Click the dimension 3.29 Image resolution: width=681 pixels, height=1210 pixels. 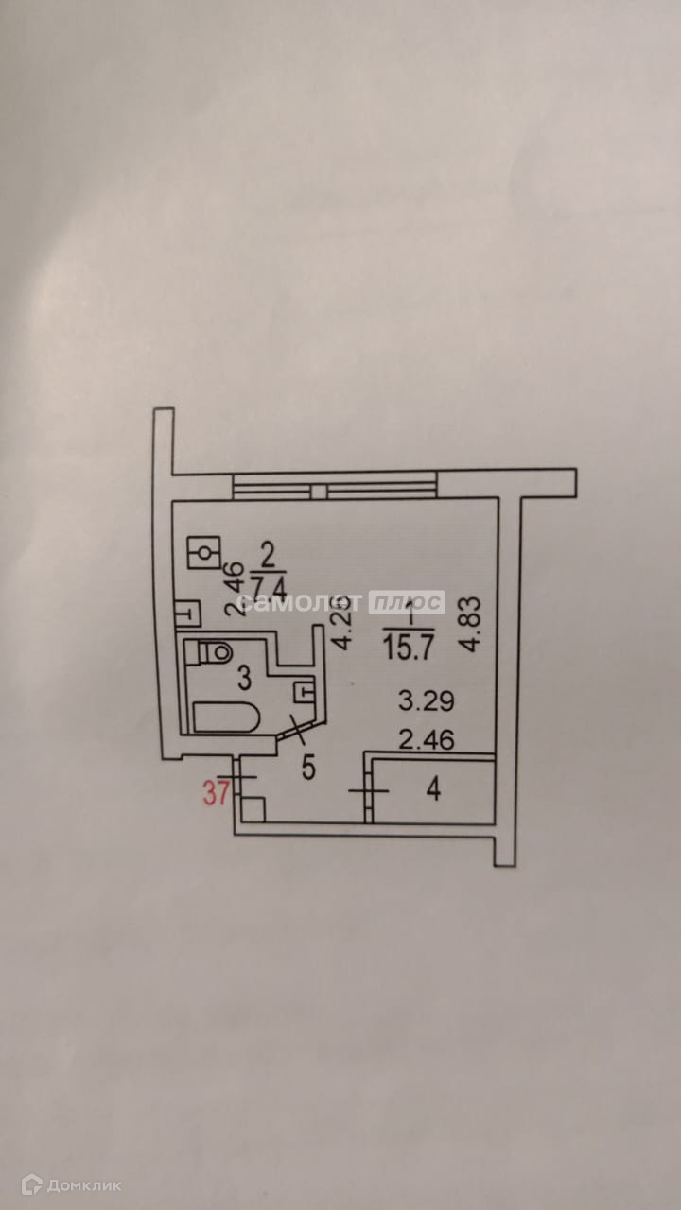point(427,701)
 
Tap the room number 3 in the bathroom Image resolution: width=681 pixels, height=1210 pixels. point(243,676)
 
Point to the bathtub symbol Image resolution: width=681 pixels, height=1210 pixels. point(227,717)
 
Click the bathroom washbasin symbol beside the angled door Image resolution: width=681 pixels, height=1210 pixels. point(305,691)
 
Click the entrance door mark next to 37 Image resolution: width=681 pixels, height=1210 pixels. point(243,777)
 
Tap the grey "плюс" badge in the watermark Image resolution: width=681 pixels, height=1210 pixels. point(407,602)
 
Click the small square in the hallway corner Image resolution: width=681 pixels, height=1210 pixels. point(253,809)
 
